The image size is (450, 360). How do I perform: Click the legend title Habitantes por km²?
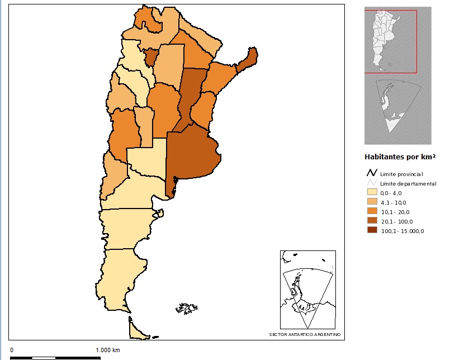(x=400, y=157)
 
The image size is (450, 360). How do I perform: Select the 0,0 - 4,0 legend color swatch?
(x=371, y=193)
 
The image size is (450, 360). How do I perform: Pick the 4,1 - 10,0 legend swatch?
(x=371, y=202)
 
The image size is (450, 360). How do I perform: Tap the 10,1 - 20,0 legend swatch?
(x=371, y=212)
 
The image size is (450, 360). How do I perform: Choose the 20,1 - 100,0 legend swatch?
(x=371, y=221)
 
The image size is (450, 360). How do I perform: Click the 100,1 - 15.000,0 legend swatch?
(x=371, y=231)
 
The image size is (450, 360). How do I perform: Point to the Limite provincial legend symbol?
(x=371, y=174)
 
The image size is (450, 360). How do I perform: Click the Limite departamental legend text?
(x=408, y=183)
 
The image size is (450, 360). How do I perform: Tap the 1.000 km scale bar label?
(x=108, y=350)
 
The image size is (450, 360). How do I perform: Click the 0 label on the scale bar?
(x=12, y=350)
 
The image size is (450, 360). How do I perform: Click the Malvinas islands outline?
(x=187, y=308)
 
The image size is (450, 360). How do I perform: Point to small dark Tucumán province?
(x=151, y=56)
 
